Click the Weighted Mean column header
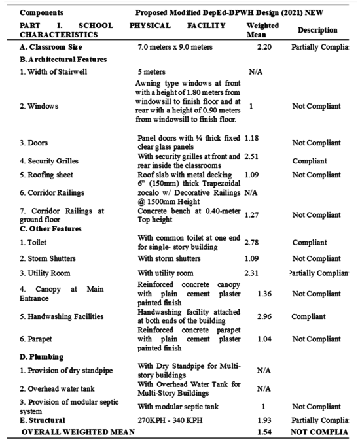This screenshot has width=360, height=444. click(262, 30)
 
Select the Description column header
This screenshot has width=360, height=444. click(317, 30)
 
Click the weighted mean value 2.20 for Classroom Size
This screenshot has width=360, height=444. click(264, 48)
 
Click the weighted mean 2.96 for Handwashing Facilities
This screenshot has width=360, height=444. click(264, 316)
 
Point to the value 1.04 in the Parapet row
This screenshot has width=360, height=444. click(264, 339)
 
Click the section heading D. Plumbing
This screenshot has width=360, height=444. click(42, 357)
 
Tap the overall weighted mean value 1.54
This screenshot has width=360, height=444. click(264, 433)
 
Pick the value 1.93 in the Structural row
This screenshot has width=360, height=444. click(264, 420)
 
